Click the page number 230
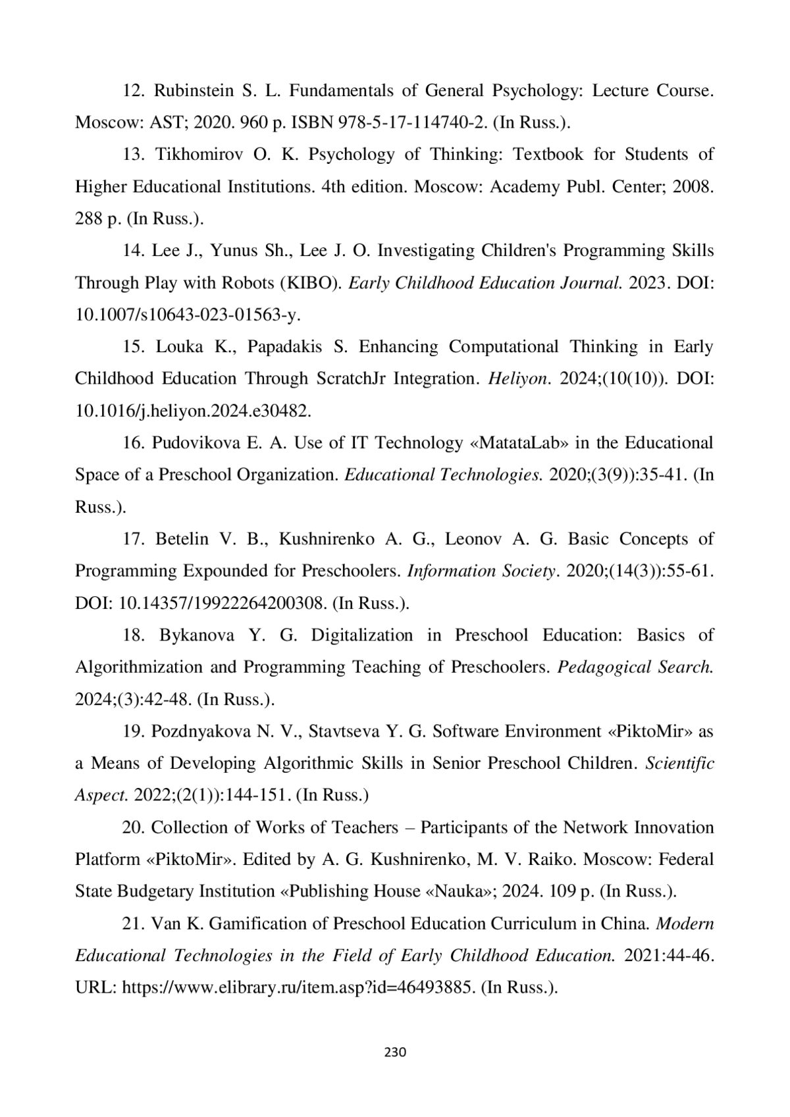395,1052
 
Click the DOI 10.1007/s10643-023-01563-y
188,315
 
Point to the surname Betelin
182,539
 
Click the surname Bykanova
196,635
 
